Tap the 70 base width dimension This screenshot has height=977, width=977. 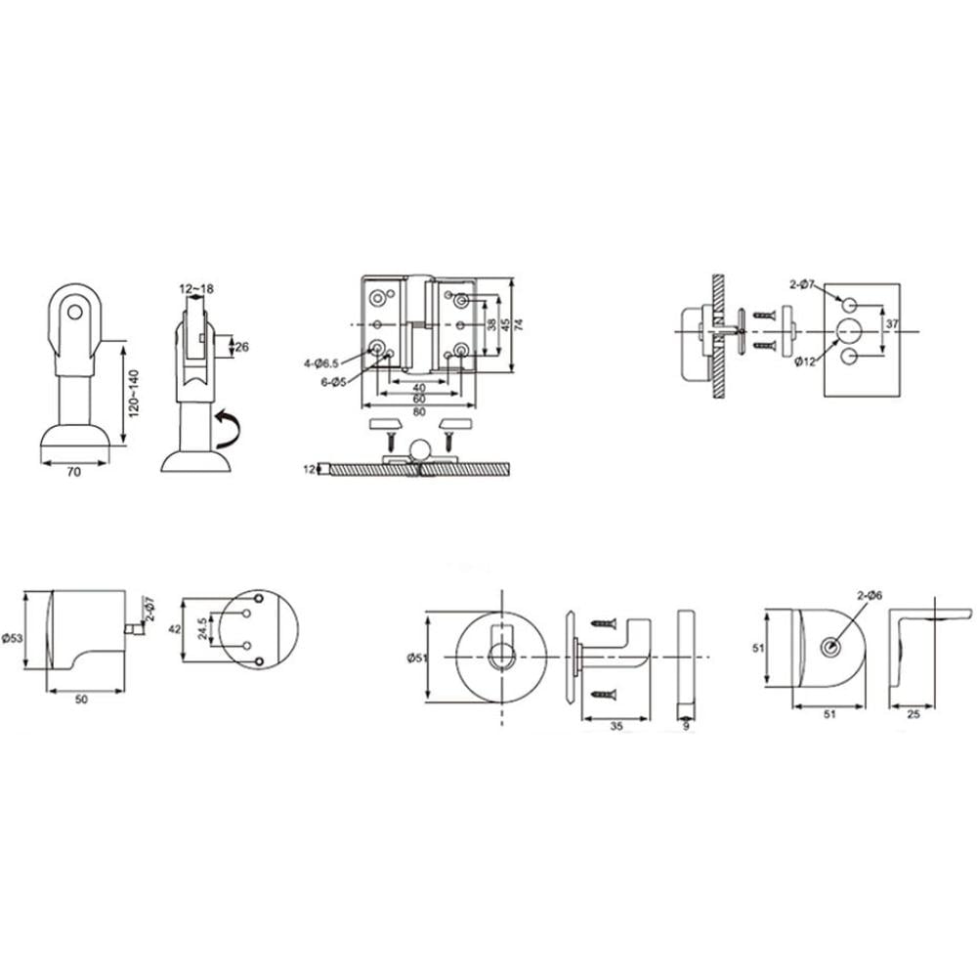[73, 472]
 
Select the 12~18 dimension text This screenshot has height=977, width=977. [196, 289]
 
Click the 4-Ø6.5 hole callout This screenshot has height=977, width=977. [321, 363]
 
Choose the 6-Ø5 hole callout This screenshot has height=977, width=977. [333, 382]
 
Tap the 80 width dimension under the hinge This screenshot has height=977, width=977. [419, 412]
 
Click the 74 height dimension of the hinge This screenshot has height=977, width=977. [519, 324]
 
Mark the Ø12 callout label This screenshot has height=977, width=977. [805, 362]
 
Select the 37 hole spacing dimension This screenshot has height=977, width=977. [892, 324]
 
